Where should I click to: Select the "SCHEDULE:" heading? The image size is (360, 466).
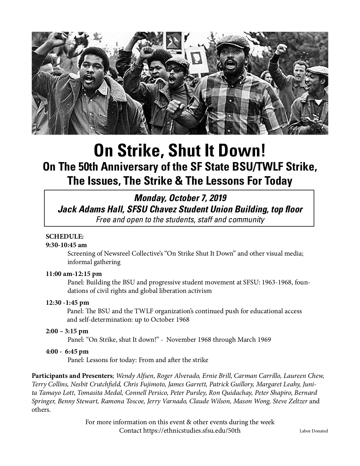pyautogui.click(x=65, y=236)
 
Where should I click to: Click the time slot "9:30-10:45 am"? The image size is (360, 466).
pyautogui.click(x=66, y=245)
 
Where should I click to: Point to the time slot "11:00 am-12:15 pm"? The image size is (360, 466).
pyautogui.click(x=74, y=274)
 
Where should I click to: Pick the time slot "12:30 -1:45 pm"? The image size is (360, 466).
pyautogui.click(x=67, y=302)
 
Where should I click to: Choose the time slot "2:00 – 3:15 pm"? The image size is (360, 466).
pyautogui.click(x=67, y=331)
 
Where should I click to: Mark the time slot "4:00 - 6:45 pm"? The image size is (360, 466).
pyautogui.click(x=67, y=352)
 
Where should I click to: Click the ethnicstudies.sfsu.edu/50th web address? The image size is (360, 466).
pyautogui.click(x=192, y=431)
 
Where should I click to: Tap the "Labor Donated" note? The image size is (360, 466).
pyautogui.click(x=314, y=431)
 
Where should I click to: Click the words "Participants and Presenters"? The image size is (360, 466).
pyautogui.click(x=72, y=376)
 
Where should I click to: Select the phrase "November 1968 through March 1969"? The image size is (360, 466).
pyautogui.click(x=219, y=339)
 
